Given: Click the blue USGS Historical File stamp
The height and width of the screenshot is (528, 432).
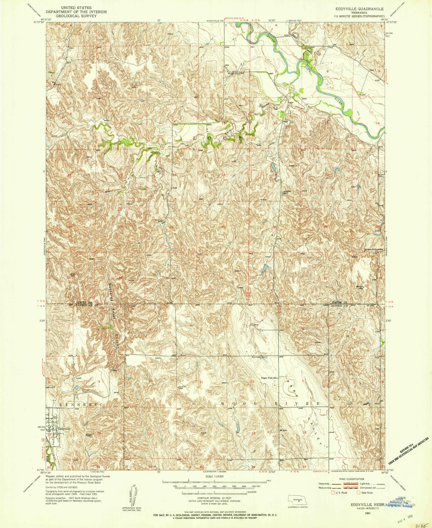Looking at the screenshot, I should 401,505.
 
